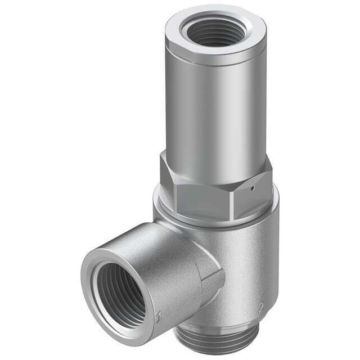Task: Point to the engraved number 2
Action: pyautogui.click(x=260, y=307)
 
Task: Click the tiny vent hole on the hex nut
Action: pyautogui.click(x=254, y=188)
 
